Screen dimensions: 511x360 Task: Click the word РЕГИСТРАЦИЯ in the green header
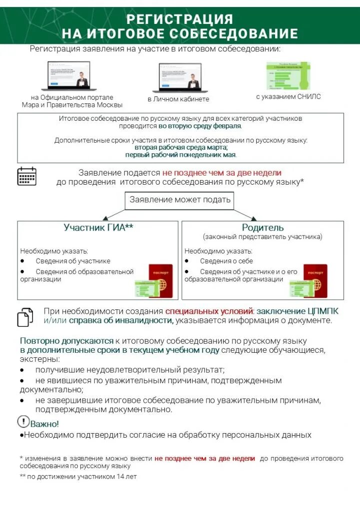click(x=180, y=19)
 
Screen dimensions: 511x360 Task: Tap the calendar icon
click(x=26, y=176)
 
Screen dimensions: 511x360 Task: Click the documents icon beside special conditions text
click(x=25, y=316)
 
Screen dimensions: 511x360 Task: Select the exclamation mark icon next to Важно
click(x=23, y=422)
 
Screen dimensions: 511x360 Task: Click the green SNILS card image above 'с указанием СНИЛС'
click(x=288, y=76)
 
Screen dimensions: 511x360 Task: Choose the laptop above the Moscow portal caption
click(x=68, y=76)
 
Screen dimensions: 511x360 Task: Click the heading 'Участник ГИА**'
click(x=98, y=228)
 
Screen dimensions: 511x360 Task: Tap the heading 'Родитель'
click(x=263, y=228)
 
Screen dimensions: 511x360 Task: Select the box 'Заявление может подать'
click(x=180, y=200)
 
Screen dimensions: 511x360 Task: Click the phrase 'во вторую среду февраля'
click(x=200, y=126)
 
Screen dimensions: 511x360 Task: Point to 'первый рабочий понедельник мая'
click(x=180, y=155)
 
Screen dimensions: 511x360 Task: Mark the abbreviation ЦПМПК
click(x=321, y=311)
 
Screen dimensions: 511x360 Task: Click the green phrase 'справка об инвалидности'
click(x=121, y=320)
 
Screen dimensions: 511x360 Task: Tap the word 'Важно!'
click(x=45, y=424)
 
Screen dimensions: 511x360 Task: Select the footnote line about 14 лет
click(x=78, y=477)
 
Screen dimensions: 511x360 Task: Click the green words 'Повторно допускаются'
click(x=67, y=341)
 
